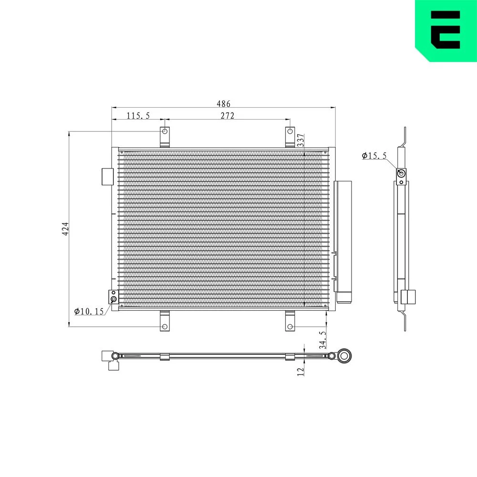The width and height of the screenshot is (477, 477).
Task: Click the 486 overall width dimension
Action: pos(223,104)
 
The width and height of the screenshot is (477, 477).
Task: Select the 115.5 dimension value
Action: pos(138,116)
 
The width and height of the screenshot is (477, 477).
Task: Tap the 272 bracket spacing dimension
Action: pos(228,116)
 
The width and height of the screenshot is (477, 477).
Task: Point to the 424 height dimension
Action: pos(65,229)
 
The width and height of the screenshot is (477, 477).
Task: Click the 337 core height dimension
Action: pos(301,140)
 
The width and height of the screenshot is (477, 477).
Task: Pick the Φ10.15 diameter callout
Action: pos(89,311)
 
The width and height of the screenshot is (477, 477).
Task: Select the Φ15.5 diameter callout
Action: pos(374,156)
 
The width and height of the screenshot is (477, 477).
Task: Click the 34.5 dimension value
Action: pos(323,340)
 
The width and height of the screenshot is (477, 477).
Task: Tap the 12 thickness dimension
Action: pos(301,372)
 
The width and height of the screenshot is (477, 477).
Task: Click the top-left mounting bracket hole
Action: pos(165,132)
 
